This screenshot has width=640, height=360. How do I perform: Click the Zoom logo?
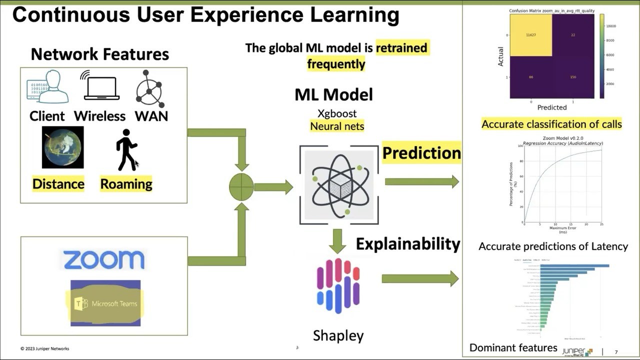point(103,260)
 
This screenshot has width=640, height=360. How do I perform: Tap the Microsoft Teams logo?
point(105,303)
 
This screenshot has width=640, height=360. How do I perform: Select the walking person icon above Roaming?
point(126,150)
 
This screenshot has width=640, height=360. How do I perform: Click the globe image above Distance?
point(63,147)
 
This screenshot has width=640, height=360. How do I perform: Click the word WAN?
point(151,116)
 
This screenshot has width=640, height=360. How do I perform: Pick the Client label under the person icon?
point(47,116)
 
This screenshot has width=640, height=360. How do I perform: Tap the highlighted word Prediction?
point(421,153)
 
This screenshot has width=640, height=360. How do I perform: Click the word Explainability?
point(408,244)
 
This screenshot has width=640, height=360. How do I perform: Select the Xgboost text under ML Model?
point(337,113)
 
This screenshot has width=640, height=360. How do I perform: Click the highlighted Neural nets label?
point(337,126)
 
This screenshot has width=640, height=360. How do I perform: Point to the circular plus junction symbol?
point(241,187)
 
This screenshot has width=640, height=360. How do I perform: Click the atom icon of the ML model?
point(338,185)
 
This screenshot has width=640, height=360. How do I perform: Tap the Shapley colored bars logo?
point(338,286)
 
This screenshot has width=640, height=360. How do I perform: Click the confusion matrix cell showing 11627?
point(530,35)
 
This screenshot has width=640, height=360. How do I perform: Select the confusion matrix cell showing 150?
point(573,77)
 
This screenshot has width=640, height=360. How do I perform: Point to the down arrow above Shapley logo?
point(337,241)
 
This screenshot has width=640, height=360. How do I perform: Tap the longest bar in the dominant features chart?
point(574,265)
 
